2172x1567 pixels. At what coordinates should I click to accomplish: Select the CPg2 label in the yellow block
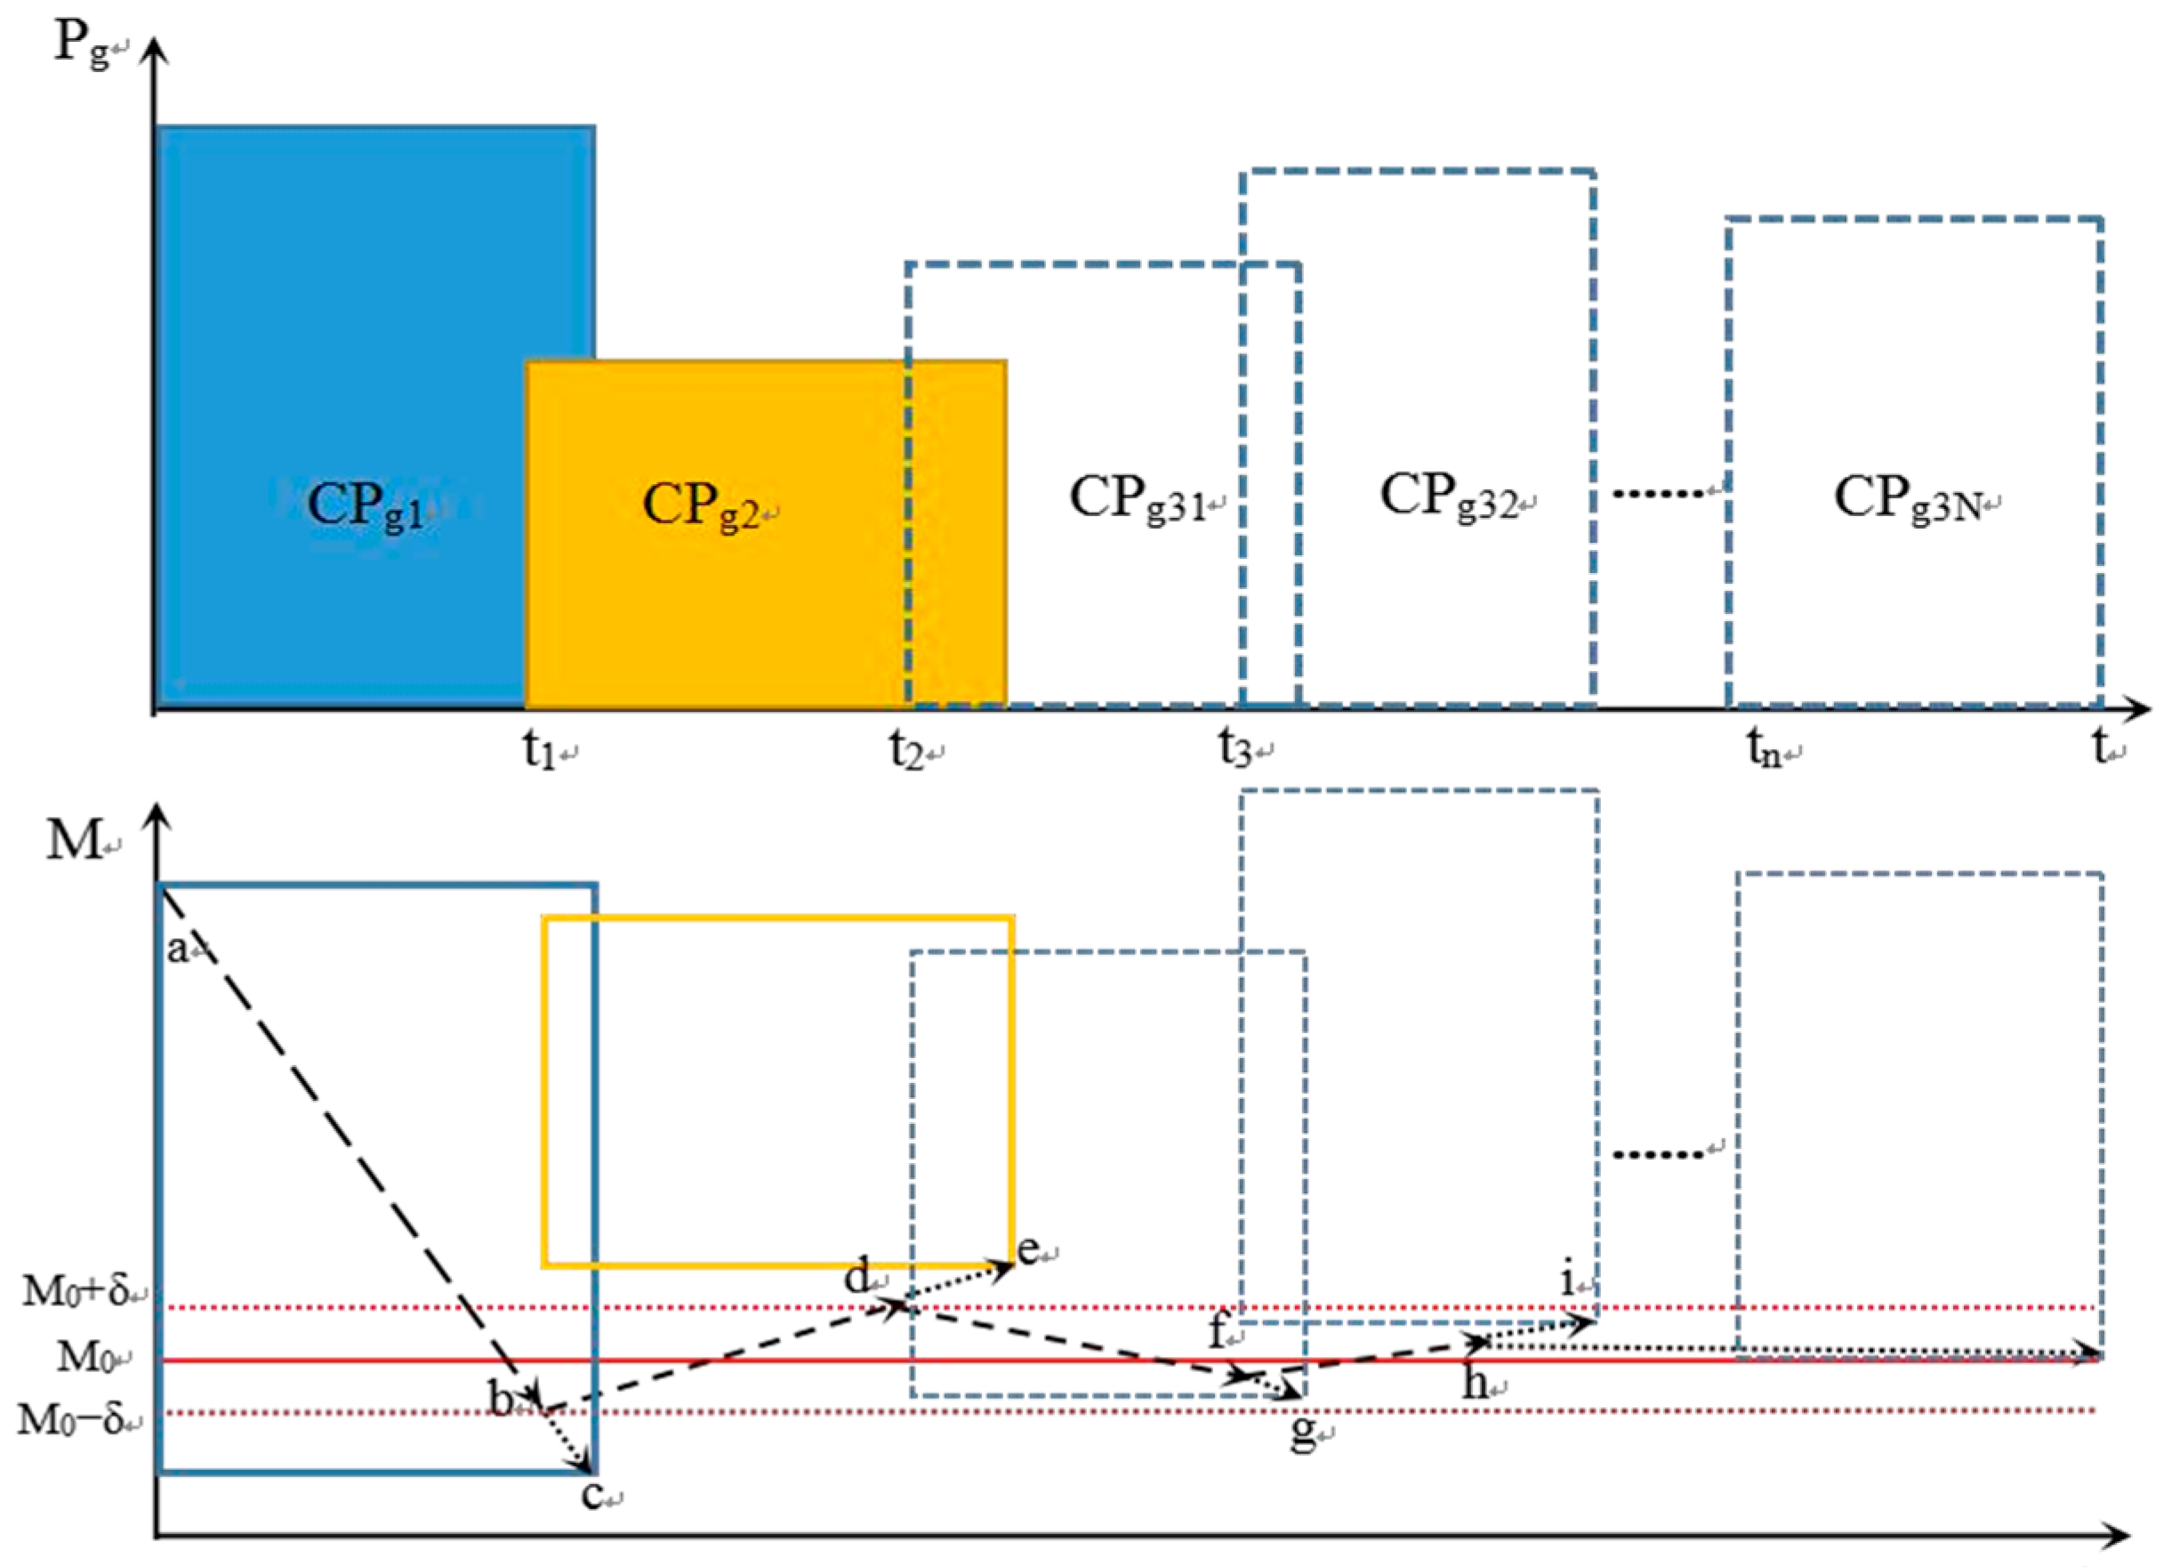pyautogui.click(x=702, y=505)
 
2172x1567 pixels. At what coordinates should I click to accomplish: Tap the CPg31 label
pyautogui.click(x=1138, y=498)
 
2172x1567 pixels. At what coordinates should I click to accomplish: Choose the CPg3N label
pyautogui.click(x=1906, y=498)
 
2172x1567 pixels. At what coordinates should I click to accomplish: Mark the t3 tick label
pyautogui.click(x=1236, y=748)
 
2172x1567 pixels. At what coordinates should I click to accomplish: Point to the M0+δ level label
pyautogui.click(x=76, y=1291)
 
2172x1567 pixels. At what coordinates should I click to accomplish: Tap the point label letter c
pyautogui.click(x=591, y=1495)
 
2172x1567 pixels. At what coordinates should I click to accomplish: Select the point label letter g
pyautogui.click(x=1301, y=1433)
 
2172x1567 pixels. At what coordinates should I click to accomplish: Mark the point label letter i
pyautogui.click(x=1567, y=1280)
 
